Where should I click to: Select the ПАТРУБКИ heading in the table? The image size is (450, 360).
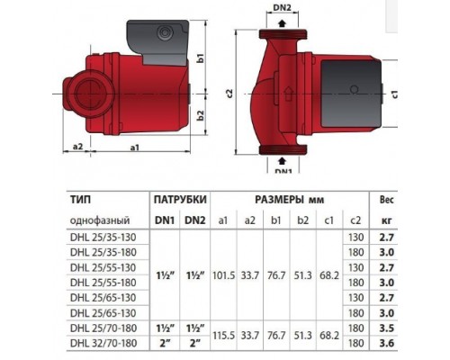[181, 198]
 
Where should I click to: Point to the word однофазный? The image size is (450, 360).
[99, 220]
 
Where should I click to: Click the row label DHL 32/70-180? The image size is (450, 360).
[104, 342]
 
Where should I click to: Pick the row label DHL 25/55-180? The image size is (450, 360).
[104, 282]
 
